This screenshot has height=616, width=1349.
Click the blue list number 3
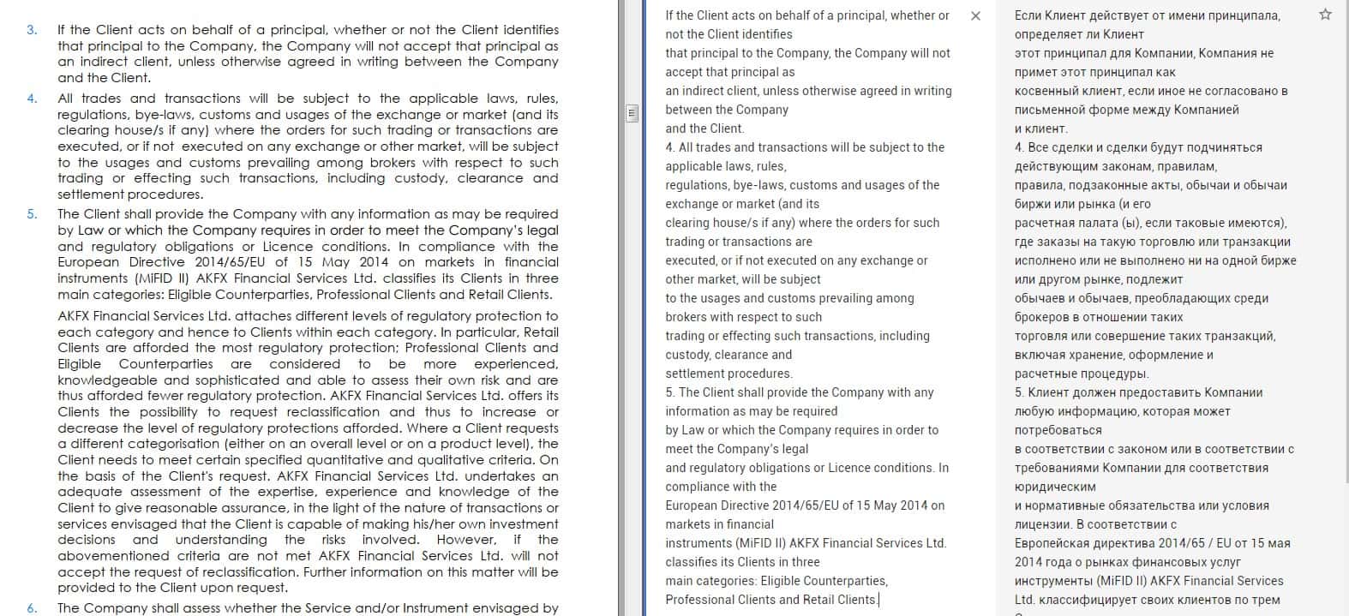[32, 30]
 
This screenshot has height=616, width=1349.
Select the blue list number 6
[32, 608]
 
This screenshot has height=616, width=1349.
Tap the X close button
[975, 16]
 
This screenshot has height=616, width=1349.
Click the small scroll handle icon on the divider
[633, 113]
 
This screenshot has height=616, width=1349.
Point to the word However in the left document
[465, 540]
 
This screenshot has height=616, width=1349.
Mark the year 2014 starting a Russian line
[1028, 562]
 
